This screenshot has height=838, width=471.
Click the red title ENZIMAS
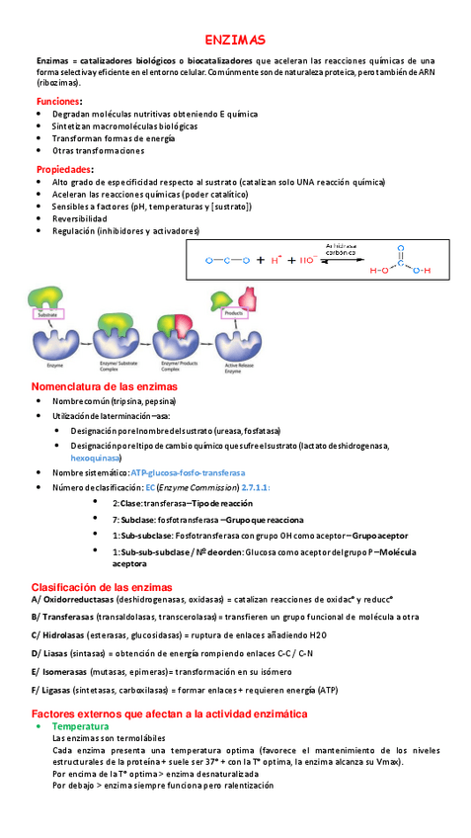pyautogui.click(x=235, y=41)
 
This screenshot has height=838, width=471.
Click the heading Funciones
pyautogui.click(x=59, y=102)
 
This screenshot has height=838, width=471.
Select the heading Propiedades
pyautogui.click(x=64, y=169)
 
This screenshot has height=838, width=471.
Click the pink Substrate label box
pyautogui.click(x=49, y=314)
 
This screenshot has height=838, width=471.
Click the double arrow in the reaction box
pyautogui.click(x=340, y=261)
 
